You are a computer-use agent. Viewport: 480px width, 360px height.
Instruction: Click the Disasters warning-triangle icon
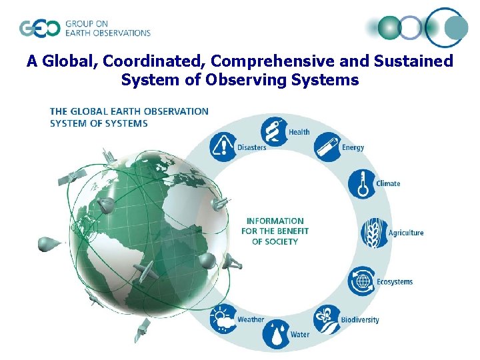pyautogui.click(x=223, y=145)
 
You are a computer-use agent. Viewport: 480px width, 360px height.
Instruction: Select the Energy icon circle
pyautogui.click(x=326, y=146)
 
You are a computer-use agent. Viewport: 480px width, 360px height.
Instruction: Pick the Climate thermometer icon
pyautogui.click(x=362, y=183)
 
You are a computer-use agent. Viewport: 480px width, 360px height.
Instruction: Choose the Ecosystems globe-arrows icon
pyautogui.click(x=363, y=281)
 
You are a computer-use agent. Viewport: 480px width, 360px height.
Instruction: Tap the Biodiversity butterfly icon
pyautogui.click(x=327, y=319)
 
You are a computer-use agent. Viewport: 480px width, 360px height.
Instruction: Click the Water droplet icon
pyautogui.click(x=275, y=334)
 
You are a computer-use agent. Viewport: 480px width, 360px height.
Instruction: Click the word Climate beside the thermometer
pyautogui.click(x=388, y=183)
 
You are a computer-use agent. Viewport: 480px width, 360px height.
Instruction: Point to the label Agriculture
pyautogui.click(x=406, y=233)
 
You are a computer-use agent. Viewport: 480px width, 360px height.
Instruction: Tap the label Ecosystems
pyautogui.click(x=395, y=282)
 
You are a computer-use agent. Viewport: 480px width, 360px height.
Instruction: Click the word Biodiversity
pyautogui.click(x=360, y=320)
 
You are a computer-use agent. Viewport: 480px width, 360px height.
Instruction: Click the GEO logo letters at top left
pyautogui.click(x=39, y=29)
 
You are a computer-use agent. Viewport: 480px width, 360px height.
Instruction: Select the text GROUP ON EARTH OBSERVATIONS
pyautogui.click(x=107, y=29)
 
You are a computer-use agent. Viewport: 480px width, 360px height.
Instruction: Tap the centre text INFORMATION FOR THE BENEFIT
pyautogui.click(x=275, y=226)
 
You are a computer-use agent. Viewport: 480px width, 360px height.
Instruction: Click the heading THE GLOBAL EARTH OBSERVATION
pyautogui.click(x=129, y=111)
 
